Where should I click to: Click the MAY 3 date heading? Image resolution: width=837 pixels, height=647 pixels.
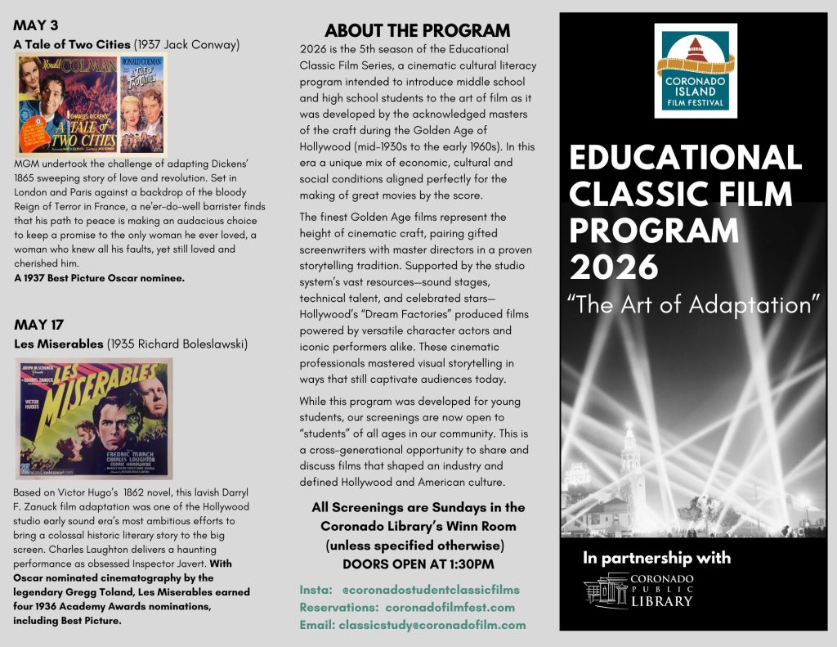(x=36, y=25)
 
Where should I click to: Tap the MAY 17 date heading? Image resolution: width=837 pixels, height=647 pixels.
(x=40, y=324)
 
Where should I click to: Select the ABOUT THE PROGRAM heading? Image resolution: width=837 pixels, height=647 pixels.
(x=417, y=31)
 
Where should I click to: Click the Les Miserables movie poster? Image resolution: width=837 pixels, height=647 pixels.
(x=94, y=418)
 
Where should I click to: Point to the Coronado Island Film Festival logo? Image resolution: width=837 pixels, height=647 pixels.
(x=696, y=71)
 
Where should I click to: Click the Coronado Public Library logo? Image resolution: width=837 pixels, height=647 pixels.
(x=639, y=590)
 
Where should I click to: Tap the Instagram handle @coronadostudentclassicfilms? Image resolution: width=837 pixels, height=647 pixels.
(x=430, y=589)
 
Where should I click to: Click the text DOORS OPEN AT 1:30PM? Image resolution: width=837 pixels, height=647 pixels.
(x=418, y=564)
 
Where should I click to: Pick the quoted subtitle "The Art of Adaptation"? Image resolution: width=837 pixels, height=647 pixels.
(x=693, y=305)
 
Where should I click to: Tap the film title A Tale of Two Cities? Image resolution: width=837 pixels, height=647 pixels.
(x=72, y=44)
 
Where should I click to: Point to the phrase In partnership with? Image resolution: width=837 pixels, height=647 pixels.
(x=656, y=559)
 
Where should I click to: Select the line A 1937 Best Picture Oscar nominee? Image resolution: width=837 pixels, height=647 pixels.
(x=99, y=278)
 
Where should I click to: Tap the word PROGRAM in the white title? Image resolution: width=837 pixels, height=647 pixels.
(x=654, y=231)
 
